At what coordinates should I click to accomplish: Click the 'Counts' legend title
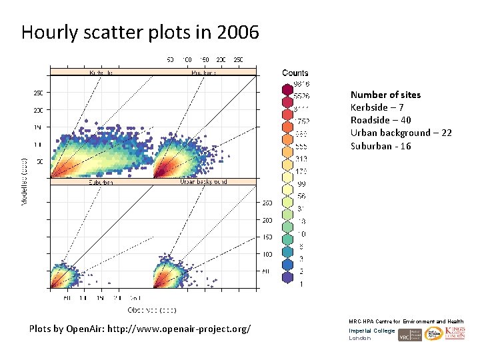(295, 73)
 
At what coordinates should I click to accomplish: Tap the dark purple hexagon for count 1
(287, 285)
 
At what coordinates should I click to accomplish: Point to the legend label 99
(301, 183)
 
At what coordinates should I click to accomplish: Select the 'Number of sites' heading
(385, 95)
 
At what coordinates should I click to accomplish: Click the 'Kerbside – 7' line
(377, 107)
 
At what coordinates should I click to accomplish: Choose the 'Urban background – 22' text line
(401, 133)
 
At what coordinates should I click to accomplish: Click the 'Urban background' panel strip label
(203, 181)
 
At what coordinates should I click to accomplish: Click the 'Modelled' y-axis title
(25, 181)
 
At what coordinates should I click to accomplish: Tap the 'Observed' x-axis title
(152, 309)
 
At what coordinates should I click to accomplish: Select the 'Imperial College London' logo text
(371, 334)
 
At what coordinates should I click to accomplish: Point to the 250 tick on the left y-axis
(39, 93)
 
